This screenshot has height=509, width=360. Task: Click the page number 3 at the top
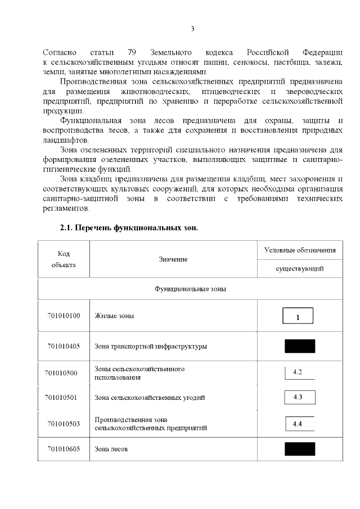pos(192,29)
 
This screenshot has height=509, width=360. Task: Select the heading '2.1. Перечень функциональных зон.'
pos(129,229)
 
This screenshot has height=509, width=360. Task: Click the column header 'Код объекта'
pos(64,259)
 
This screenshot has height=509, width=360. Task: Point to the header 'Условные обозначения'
pos(299,250)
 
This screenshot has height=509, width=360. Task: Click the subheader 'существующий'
pos(299,269)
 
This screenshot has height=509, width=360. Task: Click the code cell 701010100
pos(64,316)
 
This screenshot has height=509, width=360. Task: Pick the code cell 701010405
pos(64,346)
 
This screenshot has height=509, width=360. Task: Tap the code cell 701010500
pos(64,373)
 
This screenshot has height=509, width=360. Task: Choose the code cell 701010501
pos(64,398)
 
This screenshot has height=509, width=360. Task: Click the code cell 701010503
pos(64,424)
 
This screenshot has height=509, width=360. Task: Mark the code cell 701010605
pos(64,449)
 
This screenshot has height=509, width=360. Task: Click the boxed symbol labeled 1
pos(298,316)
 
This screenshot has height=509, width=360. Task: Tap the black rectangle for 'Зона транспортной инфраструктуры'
pos(299,346)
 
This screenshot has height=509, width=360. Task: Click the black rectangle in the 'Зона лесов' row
pos(299,449)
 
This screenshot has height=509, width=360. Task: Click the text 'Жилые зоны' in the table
pos(114,316)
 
